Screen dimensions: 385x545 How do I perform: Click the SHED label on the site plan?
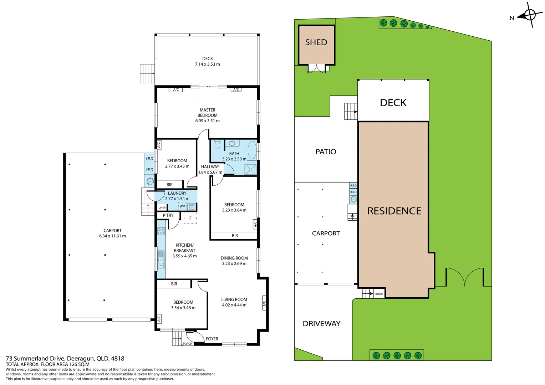point(316,42)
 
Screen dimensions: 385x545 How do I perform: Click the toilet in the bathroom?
point(217,145)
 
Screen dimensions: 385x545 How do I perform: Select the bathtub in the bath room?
point(252,150)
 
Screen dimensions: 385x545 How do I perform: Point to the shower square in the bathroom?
point(250,169)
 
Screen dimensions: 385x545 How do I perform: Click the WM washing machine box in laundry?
point(183,206)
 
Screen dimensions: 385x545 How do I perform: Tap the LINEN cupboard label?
point(162,207)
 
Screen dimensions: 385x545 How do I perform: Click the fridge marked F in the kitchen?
point(190,218)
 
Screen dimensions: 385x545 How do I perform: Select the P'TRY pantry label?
point(168,216)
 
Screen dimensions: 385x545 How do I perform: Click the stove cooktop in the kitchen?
point(161,231)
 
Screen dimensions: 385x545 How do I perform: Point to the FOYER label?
point(212,339)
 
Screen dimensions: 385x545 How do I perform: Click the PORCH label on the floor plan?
point(188,344)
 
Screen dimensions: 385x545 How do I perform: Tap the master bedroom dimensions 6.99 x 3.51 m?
point(207,121)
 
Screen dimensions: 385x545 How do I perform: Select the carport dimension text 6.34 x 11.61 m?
point(112,236)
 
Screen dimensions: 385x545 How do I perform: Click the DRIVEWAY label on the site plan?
point(321,324)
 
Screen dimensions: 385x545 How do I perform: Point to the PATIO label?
point(326,152)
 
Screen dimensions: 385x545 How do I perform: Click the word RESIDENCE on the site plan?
point(394,211)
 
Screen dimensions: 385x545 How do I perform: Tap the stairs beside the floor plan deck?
point(147,73)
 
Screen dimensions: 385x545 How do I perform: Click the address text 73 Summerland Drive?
point(36,359)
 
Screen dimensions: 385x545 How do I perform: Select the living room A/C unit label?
point(264,303)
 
